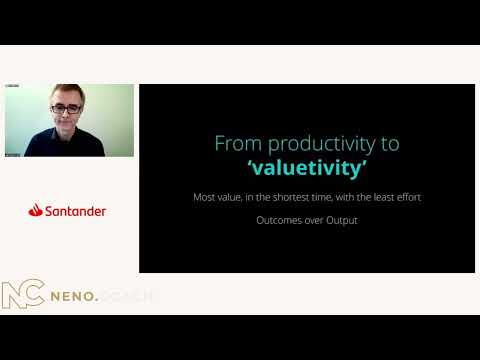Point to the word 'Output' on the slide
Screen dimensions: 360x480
338,220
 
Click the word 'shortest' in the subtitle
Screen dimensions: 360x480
290,197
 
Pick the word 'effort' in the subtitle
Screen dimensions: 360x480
405,197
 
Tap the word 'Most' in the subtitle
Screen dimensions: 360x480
205,197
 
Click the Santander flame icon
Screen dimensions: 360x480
35,210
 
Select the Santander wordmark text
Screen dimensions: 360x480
75,211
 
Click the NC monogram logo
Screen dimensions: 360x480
21,296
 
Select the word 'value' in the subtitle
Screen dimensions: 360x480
235,197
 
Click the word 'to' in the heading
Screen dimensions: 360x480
389,143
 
